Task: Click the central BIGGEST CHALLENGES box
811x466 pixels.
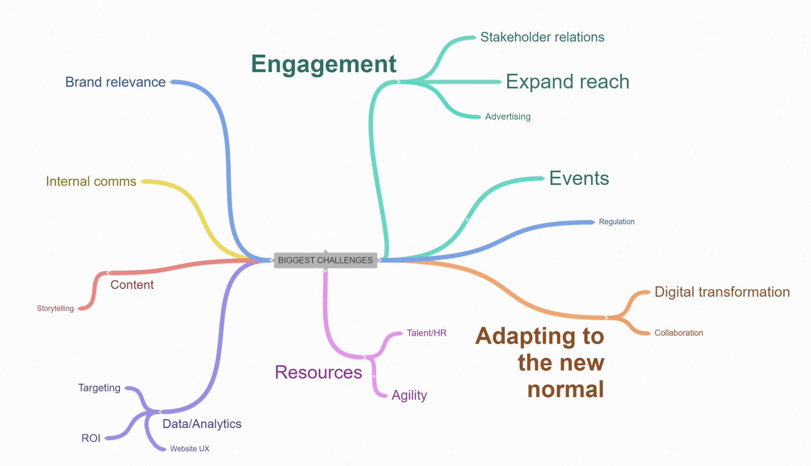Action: click(x=326, y=260)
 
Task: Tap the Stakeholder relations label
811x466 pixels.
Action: click(x=542, y=37)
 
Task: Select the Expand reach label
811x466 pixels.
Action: click(x=567, y=82)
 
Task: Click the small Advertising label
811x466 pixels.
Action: click(x=508, y=117)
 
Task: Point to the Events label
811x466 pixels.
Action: click(x=579, y=178)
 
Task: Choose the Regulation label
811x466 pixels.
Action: click(x=617, y=222)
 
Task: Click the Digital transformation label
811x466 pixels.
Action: click(x=722, y=292)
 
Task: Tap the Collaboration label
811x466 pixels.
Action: click(x=679, y=333)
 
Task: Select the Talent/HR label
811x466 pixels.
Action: click(x=426, y=333)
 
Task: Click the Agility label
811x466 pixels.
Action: click(x=409, y=395)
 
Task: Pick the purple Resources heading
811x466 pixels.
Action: click(x=318, y=372)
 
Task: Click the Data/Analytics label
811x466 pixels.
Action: click(x=202, y=424)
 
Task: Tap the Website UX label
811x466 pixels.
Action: click(x=190, y=449)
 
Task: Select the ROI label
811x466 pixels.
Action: click(x=91, y=438)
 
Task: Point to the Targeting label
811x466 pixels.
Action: click(x=99, y=388)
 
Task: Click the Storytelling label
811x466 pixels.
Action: click(x=55, y=309)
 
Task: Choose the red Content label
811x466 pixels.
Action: click(x=132, y=285)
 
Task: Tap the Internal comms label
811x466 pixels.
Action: click(x=91, y=181)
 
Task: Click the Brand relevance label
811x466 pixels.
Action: click(x=115, y=82)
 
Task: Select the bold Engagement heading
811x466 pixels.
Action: click(x=324, y=64)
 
